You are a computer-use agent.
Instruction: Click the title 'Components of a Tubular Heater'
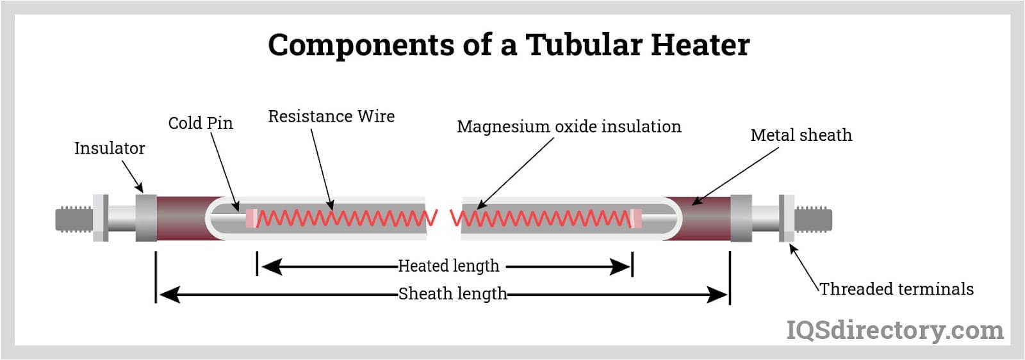(508, 45)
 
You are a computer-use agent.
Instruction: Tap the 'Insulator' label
(110, 149)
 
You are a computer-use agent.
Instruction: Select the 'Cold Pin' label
(201, 123)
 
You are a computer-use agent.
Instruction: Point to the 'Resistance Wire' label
(331, 117)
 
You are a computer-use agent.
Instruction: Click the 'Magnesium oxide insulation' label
(569, 127)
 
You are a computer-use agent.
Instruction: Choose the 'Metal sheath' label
(801, 135)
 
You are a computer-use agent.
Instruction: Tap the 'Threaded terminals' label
(896, 290)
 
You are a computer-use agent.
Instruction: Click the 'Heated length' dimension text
(448, 266)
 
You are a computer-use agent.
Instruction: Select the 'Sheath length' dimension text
(452, 294)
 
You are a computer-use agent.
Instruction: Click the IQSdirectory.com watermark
(894, 331)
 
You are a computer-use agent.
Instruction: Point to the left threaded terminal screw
(74, 219)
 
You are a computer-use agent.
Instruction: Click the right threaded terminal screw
(814, 219)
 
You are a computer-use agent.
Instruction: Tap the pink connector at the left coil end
(251, 218)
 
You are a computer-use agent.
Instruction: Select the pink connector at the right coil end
(635, 218)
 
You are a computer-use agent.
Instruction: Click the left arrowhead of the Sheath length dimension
(168, 295)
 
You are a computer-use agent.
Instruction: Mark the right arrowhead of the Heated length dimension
(621, 266)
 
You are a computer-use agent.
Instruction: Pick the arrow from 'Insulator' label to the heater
(132, 176)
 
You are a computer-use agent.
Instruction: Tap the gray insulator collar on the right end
(741, 219)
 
